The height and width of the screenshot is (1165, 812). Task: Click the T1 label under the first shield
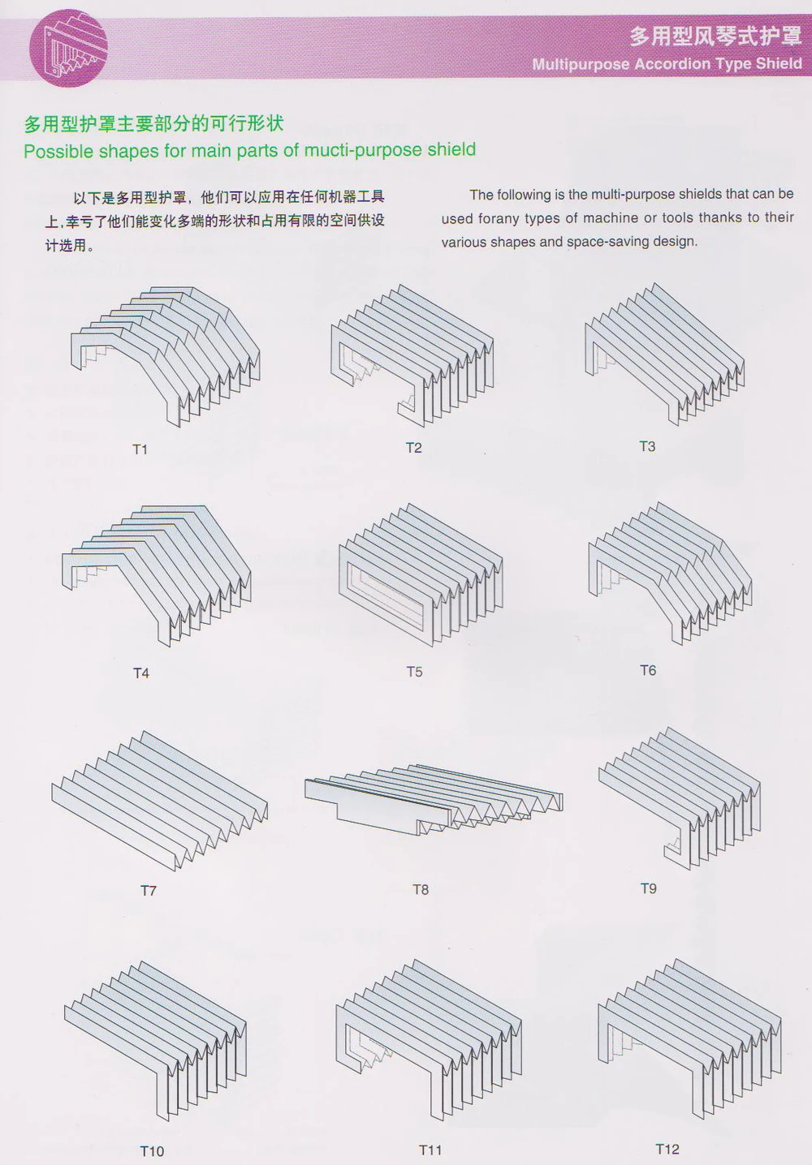tap(140, 449)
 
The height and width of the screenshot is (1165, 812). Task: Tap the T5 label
tap(414, 672)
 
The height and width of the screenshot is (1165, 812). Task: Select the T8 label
tap(420, 889)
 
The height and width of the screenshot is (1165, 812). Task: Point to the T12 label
tap(667, 1149)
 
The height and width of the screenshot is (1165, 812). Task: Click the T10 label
tap(152, 1150)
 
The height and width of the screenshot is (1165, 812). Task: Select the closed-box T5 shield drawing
tap(420, 572)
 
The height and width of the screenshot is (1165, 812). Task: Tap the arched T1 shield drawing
tap(166, 353)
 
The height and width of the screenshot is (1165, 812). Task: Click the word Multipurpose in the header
tap(581, 64)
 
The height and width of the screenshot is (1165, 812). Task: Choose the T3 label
tap(646, 446)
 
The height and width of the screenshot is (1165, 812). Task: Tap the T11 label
tap(430, 1150)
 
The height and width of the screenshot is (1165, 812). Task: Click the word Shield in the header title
tap(779, 63)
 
